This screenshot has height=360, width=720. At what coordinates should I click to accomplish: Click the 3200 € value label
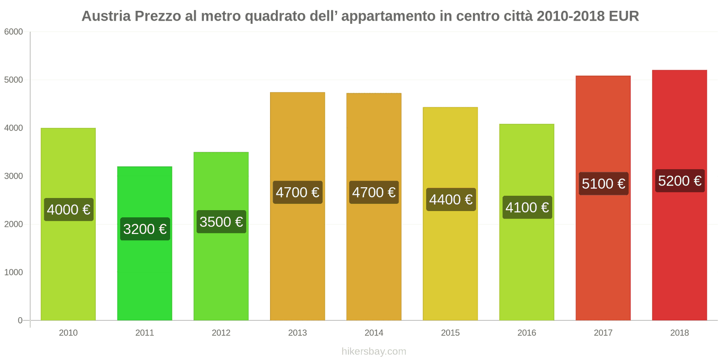[x=145, y=229]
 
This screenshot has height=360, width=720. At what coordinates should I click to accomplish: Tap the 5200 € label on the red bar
[x=679, y=181]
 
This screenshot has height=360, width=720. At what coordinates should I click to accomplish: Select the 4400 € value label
[x=450, y=199]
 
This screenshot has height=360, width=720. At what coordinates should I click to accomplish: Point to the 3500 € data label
[x=221, y=222]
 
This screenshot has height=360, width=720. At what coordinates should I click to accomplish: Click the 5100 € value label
[x=603, y=184]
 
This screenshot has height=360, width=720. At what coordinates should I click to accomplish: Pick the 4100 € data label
[x=527, y=207]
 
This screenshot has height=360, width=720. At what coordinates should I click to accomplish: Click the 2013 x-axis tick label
[x=297, y=333]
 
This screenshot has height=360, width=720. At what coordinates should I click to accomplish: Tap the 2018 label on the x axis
[x=679, y=333]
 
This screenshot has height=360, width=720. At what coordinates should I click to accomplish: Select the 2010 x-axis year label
[x=68, y=333]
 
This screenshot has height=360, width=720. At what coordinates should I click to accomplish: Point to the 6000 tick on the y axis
[x=13, y=32]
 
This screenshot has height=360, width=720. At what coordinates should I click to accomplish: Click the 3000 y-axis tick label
[x=13, y=176]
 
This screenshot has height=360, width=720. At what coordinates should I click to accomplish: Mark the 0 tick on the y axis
[x=20, y=320]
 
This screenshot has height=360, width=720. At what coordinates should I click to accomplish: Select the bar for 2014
[x=374, y=261]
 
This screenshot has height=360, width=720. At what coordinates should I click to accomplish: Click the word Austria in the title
[x=106, y=16]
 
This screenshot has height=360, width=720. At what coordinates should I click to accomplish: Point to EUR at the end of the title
[x=624, y=16]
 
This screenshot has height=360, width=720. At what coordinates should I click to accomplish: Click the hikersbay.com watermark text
[x=374, y=351]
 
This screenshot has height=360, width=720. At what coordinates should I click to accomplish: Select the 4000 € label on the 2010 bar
[x=68, y=210]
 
